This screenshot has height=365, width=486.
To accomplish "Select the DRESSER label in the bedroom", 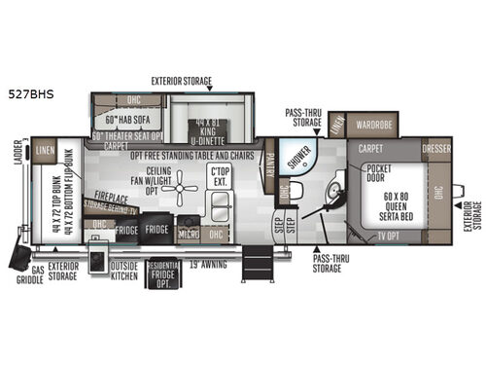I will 436,151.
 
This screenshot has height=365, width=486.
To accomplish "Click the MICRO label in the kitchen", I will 188,235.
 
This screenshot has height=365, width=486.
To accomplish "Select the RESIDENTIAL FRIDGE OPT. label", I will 162,275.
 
